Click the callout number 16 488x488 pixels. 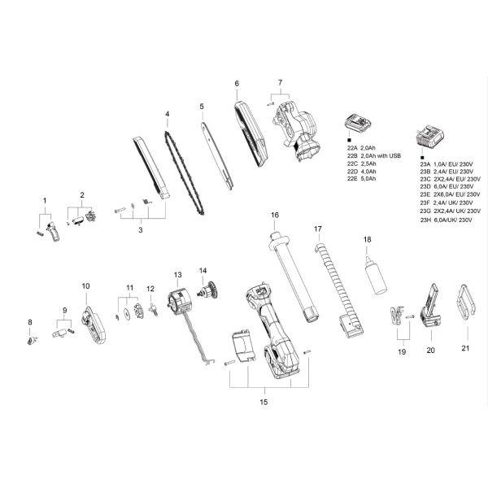click(x=275, y=215)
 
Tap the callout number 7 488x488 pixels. click(x=279, y=83)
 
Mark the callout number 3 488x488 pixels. click(x=139, y=231)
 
